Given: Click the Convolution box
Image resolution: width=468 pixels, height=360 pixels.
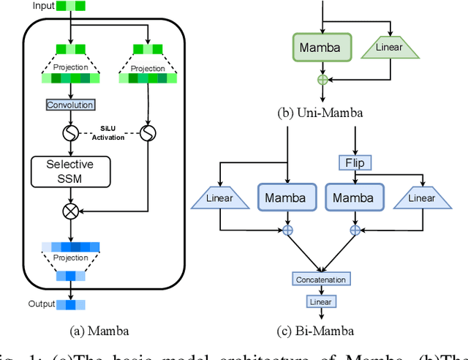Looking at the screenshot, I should (70, 105).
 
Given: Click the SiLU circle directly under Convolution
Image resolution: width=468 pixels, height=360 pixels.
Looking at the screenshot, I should (70, 134).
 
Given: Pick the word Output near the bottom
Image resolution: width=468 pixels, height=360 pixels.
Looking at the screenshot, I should (42, 304).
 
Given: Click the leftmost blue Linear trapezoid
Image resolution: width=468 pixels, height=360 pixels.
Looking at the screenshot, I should (219, 198).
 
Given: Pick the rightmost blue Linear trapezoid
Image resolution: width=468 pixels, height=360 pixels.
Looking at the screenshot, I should (421, 198).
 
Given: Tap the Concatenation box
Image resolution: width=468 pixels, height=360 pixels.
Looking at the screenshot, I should (320, 280).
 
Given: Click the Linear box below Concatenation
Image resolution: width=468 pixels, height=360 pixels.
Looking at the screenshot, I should (320, 301).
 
